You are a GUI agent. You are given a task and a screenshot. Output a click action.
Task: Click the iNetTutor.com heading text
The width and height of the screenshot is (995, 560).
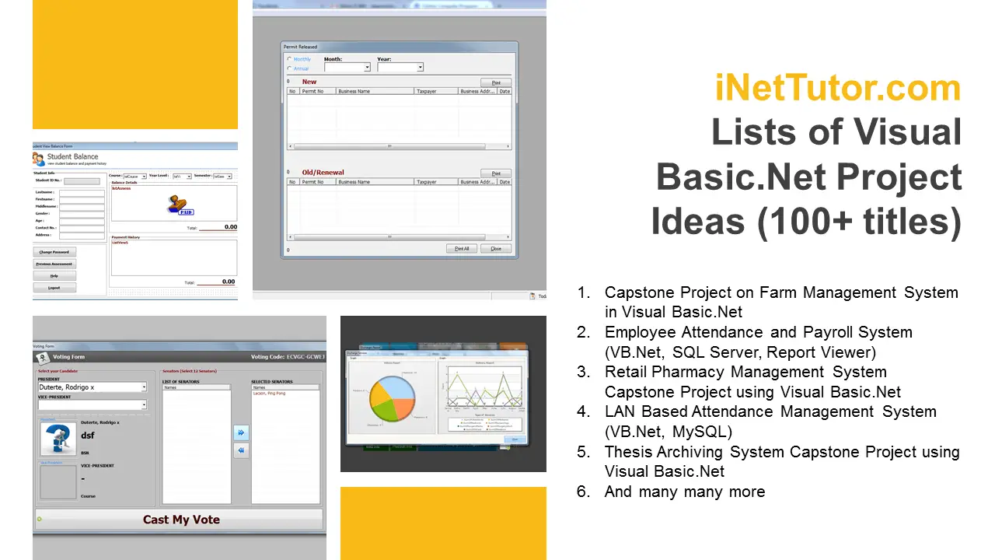[x=838, y=88]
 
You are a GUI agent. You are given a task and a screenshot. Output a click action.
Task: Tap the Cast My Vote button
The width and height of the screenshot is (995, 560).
[x=180, y=520]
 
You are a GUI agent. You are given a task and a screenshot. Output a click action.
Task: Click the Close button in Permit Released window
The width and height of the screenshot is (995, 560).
[x=495, y=249]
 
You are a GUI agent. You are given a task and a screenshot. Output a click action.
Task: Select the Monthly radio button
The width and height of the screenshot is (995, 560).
[x=290, y=59]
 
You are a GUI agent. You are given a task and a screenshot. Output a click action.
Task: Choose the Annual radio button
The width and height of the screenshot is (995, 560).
[x=290, y=68]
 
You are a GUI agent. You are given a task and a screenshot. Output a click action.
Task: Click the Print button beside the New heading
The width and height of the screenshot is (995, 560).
[x=495, y=82]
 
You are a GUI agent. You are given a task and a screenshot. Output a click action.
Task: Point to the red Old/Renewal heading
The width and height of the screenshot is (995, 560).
[x=323, y=173]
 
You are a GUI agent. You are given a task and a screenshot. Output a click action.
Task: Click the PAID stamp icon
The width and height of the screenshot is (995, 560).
[x=180, y=205]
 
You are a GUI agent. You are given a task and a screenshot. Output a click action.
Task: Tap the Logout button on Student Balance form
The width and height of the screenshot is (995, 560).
[x=54, y=288]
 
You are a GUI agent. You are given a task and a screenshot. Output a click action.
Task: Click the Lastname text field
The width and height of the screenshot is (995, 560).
[x=82, y=191]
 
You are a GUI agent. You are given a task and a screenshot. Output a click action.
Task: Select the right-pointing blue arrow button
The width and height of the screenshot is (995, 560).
[x=241, y=432]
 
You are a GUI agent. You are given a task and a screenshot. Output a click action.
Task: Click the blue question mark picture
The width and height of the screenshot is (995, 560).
[x=58, y=438]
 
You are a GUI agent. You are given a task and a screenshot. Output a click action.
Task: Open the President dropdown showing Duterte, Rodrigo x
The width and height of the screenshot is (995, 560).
[x=92, y=387]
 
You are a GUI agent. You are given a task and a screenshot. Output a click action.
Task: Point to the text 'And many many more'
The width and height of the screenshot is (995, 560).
[x=684, y=492]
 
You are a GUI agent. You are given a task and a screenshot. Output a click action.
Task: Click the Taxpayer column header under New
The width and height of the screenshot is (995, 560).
[x=426, y=92]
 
